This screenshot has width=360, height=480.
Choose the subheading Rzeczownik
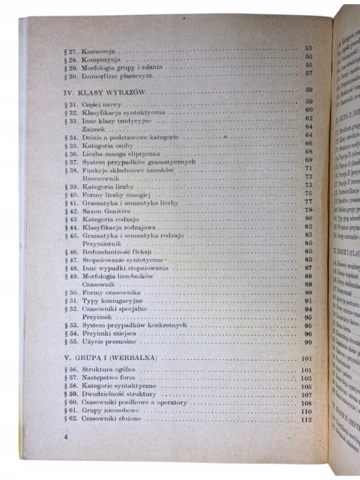click(x=101, y=178)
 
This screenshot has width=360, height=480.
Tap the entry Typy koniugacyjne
click(x=112, y=300)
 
